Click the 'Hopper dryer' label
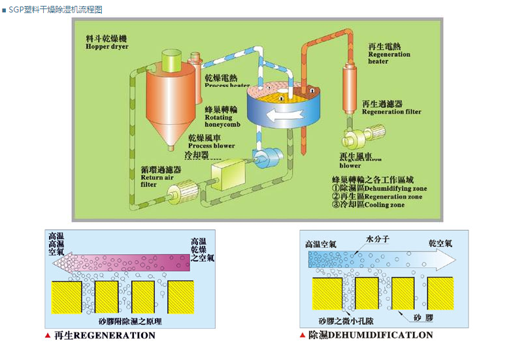pyautogui.click(x=107, y=47)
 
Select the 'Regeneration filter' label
pyautogui.click(x=391, y=111)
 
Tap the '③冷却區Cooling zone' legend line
pyautogui.click(x=367, y=205)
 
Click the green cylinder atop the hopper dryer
pyautogui.click(x=172, y=60)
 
